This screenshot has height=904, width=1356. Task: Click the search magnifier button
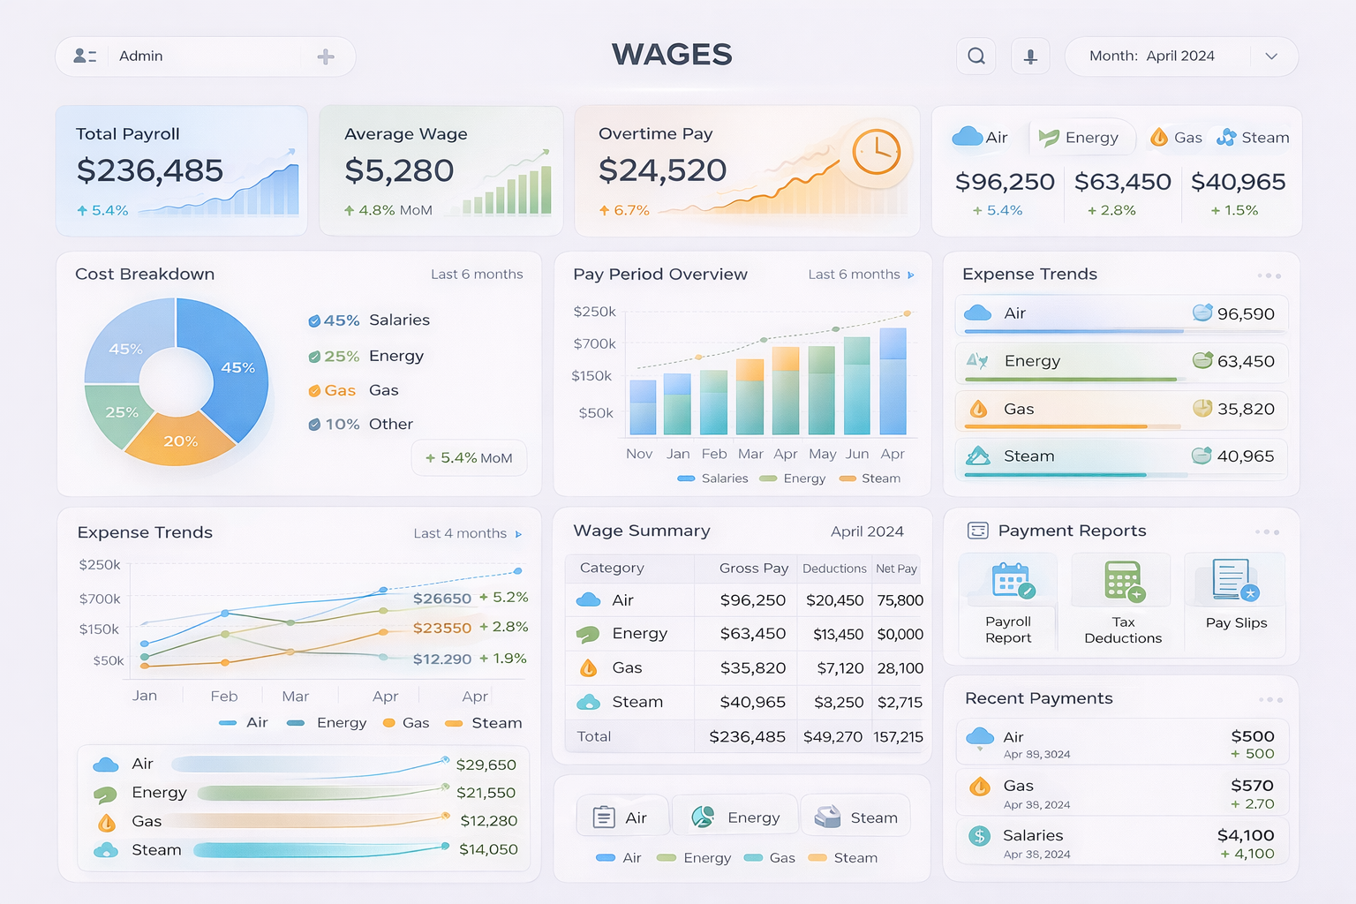pos(976,56)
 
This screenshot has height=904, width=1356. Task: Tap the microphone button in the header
pos(1030,56)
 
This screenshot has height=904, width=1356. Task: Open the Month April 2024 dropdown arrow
pos(1271,56)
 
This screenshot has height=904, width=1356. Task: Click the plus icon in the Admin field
pos(326,56)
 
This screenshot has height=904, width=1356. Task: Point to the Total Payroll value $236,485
pos(150,170)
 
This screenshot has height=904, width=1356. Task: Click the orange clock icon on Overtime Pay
pos(876,152)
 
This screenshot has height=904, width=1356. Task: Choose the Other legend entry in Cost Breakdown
pos(390,425)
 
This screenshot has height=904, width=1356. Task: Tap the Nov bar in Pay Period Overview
pos(643,408)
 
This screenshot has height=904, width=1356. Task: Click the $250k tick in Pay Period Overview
pos(594,312)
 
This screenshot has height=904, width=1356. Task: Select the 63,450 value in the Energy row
pos(1245,361)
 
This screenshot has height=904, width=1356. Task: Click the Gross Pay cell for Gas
pos(752,668)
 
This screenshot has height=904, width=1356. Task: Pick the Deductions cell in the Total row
pos(832,736)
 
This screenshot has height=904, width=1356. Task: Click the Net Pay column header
pos(896,569)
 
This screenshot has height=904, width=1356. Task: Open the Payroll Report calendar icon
pos(1011,581)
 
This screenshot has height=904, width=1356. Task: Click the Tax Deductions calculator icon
pos(1123,581)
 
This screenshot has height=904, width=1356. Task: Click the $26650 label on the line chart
pos(442,599)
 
